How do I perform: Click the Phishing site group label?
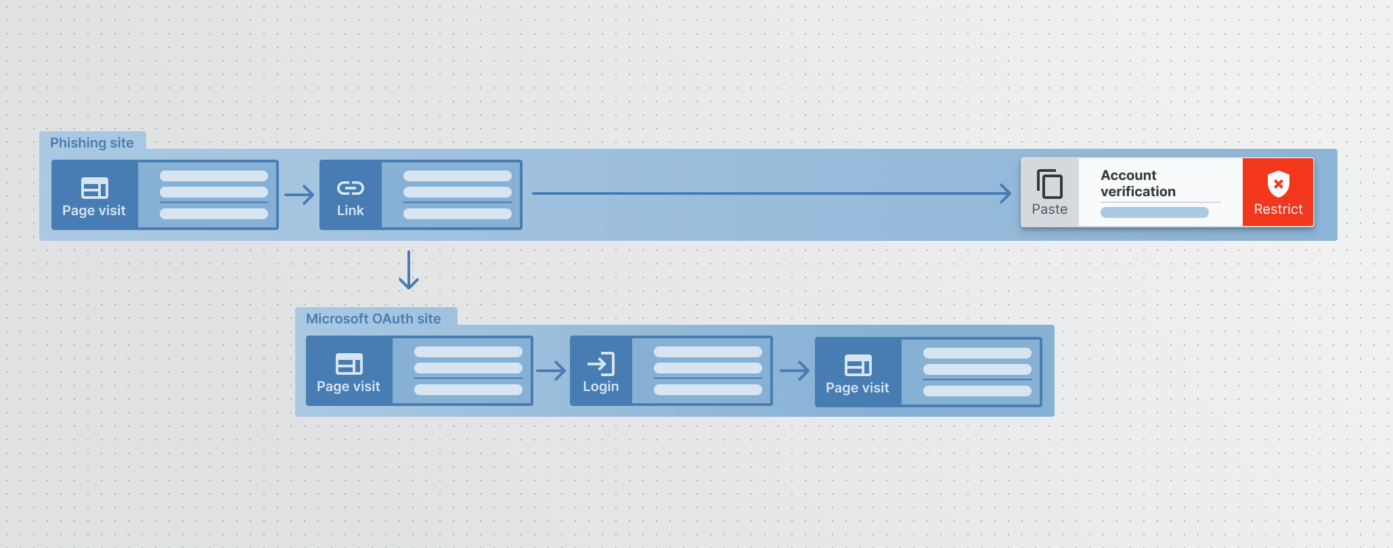(x=92, y=143)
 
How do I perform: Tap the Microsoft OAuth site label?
(x=373, y=319)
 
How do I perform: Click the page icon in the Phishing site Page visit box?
(x=95, y=187)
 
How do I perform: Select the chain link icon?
(x=351, y=187)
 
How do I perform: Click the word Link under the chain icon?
(x=351, y=210)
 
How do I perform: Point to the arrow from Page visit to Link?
(x=299, y=195)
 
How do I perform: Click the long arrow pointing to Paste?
(x=772, y=193)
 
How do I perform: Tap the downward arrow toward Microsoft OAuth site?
(x=409, y=270)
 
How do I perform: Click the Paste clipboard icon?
(x=1050, y=184)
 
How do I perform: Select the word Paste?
(x=1050, y=210)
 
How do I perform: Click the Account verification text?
(x=1138, y=183)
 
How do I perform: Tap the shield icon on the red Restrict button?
(x=1279, y=183)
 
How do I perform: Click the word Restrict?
(x=1279, y=210)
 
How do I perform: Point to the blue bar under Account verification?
(x=1155, y=212)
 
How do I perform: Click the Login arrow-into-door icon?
(x=601, y=364)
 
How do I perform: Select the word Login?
(x=601, y=386)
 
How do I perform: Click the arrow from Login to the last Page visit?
(x=795, y=370)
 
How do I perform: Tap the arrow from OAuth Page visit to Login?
(x=551, y=370)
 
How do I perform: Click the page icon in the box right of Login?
(x=858, y=365)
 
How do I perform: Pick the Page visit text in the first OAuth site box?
(x=349, y=386)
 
